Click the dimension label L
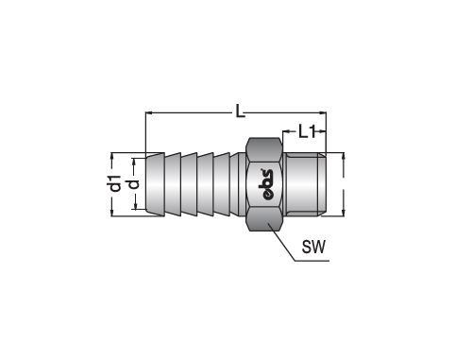[241, 111]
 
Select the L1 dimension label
[307, 131]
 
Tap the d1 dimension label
[115, 183]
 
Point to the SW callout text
[313, 247]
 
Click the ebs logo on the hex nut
[267, 185]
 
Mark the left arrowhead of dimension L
[149, 112]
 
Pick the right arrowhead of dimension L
[323, 112]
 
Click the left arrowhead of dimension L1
[287, 131]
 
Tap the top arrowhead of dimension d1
[112, 157]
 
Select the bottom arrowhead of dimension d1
[112, 213]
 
